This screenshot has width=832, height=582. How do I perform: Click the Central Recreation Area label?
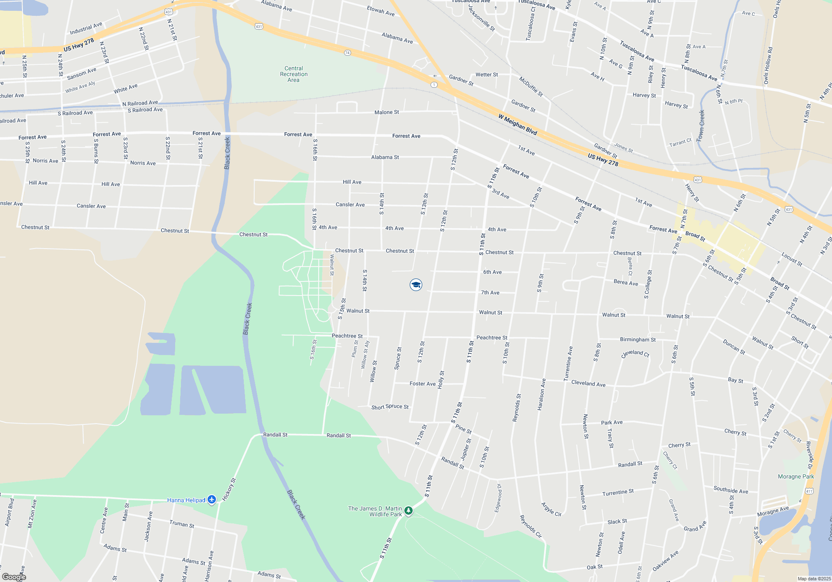[x=294, y=74]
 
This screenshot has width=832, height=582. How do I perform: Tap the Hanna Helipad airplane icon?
[x=212, y=499]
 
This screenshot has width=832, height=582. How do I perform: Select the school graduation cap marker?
[x=416, y=285]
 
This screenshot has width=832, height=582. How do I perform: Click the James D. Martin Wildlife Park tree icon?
[x=409, y=510]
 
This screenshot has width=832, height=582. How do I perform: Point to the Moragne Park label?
[x=796, y=476]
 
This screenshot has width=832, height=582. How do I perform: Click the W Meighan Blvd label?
[x=518, y=124]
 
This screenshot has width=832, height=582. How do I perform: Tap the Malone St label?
[x=386, y=112]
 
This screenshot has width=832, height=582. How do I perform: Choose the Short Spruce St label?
[x=390, y=407]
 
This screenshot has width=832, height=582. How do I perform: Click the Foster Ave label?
[x=422, y=384]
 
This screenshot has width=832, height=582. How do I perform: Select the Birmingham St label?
[x=637, y=340]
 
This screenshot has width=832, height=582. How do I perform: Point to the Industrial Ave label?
[x=86, y=28]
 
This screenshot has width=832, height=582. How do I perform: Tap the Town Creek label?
[x=701, y=125]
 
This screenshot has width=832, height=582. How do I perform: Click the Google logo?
[x=14, y=577]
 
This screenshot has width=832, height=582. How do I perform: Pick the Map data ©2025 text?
[x=814, y=579]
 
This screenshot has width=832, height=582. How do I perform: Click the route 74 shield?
[x=347, y=53]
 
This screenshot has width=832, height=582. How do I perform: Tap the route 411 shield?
[x=809, y=491]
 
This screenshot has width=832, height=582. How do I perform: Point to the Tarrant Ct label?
[x=680, y=143]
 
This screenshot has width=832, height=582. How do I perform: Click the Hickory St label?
[x=229, y=489]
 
